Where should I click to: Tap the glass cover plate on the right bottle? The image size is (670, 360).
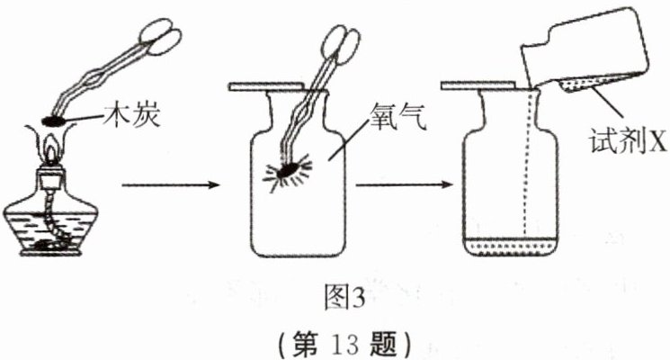[486, 87]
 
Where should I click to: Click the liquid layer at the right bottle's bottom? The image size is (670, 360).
[508, 245]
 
